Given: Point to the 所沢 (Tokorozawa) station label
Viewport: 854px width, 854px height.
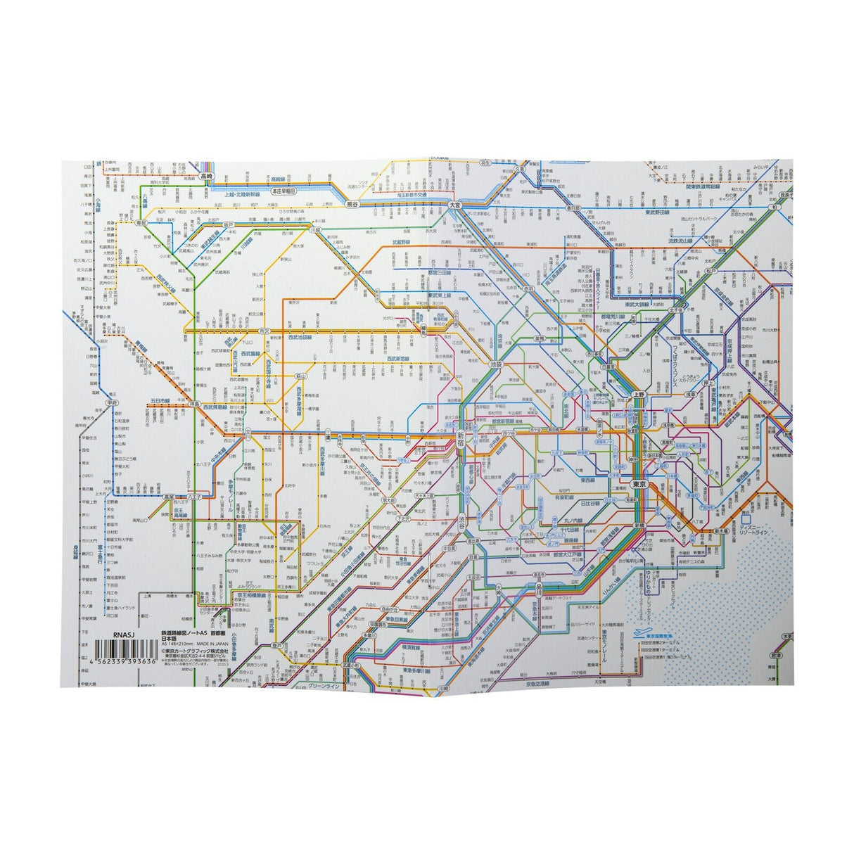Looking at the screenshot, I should click(265, 330).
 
